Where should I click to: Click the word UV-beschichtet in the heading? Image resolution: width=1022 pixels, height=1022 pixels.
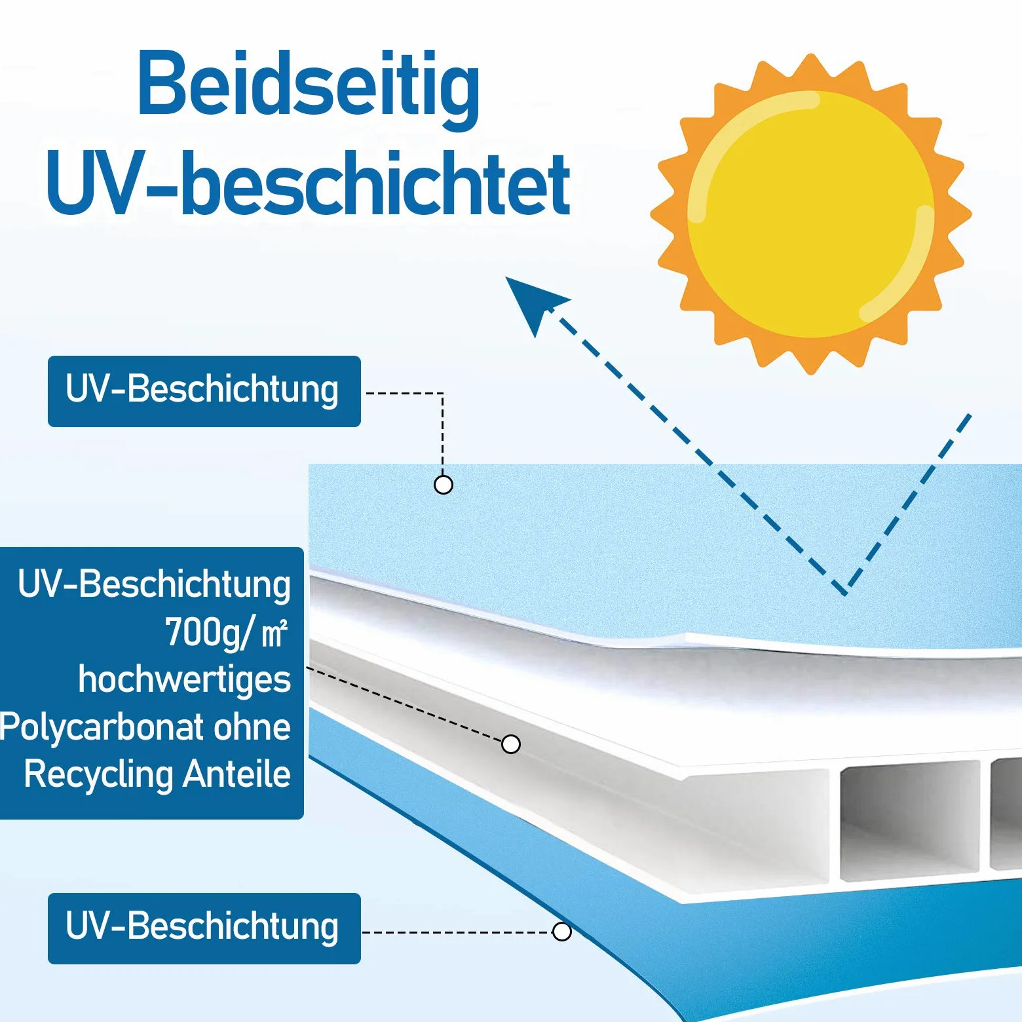click(309, 183)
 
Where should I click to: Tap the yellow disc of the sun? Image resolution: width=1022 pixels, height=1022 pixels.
click(811, 214)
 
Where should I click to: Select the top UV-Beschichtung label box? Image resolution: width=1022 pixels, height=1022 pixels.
click(204, 391)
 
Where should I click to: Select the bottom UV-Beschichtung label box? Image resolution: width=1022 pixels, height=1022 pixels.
click(204, 928)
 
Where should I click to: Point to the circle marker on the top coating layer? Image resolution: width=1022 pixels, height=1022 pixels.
click(444, 485)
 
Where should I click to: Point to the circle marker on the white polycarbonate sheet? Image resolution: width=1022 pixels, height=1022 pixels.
click(511, 744)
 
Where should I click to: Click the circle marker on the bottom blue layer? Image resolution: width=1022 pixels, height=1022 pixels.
click(562, 932)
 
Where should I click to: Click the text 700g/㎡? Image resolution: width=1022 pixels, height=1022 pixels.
click(226, 633)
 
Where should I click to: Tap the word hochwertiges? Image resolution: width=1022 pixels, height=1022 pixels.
click(185, 679)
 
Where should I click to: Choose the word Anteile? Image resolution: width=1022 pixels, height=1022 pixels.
click(237, 774)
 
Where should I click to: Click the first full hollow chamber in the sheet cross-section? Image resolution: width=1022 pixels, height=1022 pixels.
click(910, 820)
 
